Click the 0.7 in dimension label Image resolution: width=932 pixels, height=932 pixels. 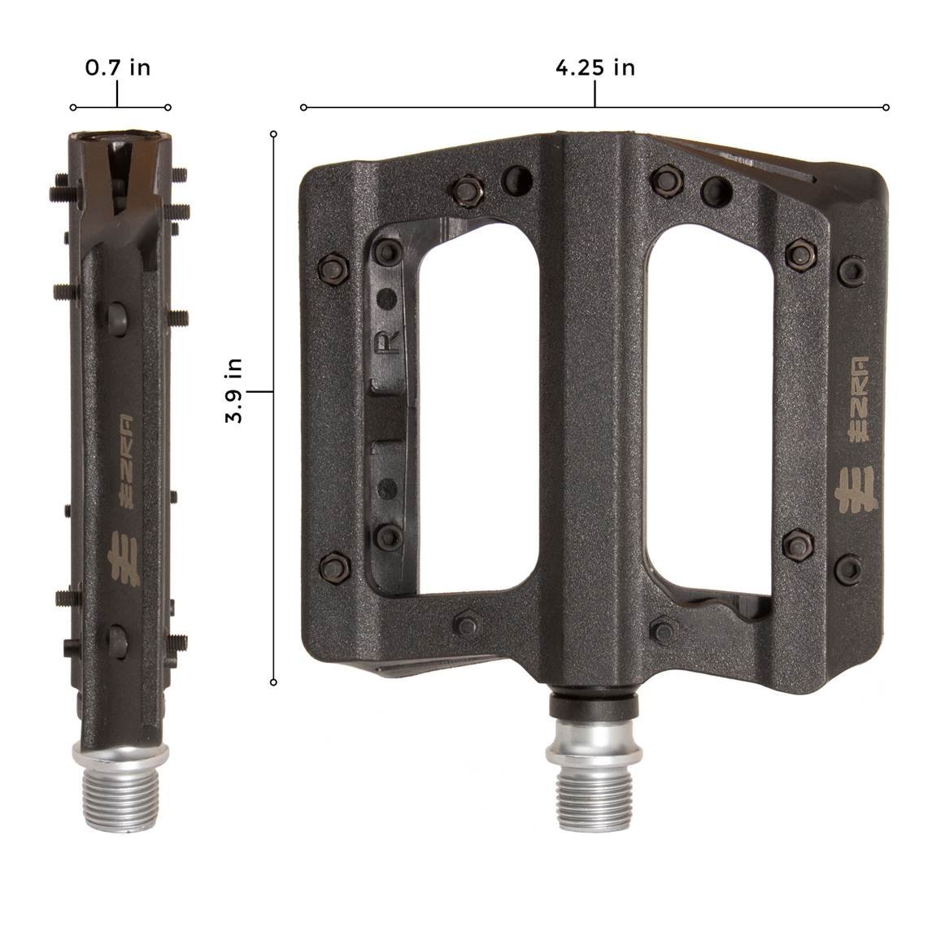118,68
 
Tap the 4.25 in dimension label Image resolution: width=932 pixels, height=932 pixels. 594,68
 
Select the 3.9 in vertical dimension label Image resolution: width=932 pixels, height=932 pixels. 235,391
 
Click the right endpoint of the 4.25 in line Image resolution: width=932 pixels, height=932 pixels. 886,107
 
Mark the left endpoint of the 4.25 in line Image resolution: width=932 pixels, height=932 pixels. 303,107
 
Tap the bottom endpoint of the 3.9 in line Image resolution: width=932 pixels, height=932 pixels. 274,682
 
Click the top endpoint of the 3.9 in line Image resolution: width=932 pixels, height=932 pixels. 274,133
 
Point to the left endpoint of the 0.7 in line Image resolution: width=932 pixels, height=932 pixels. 73,107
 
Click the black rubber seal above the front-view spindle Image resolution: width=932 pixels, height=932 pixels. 593,703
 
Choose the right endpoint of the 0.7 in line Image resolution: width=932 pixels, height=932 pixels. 168,107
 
